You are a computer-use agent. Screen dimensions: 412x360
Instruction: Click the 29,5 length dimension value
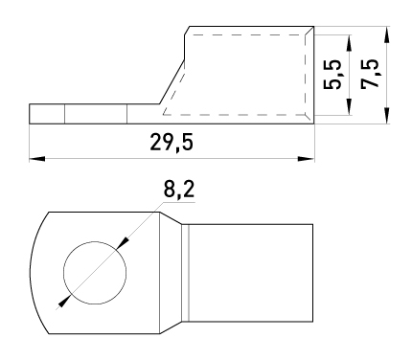[172, 143]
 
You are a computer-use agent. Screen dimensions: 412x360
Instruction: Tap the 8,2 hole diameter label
[179, 191]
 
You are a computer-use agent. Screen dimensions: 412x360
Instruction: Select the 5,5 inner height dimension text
[332, 75]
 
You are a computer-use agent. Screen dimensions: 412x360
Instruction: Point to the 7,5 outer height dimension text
[370, 73]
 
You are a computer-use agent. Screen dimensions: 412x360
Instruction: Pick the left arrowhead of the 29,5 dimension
[37, 158]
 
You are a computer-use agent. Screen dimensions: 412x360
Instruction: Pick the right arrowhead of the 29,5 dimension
[306, 158]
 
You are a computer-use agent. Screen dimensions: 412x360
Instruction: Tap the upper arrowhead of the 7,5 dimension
[386, 34]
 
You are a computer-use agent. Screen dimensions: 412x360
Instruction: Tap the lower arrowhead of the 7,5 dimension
[386, 116]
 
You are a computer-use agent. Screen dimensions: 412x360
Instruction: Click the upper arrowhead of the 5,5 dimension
[349, 43]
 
